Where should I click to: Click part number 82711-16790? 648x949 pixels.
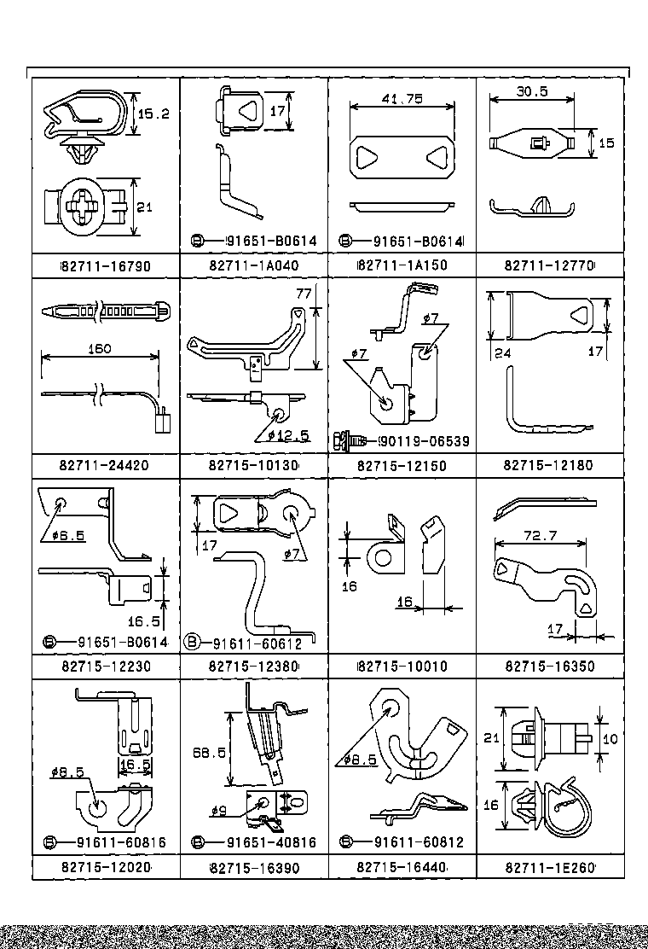tap(107, 265)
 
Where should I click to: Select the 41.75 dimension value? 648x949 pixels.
tap(402, 99)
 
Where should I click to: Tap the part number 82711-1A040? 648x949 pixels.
tap(254, 265)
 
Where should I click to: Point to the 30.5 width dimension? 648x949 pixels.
tap(532, 91)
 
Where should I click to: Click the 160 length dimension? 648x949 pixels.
tap(100, 348)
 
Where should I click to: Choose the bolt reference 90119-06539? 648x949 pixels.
tap(425, 441)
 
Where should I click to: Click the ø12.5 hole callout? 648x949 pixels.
tap(288, 435)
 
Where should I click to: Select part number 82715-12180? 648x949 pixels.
tap(548, 465)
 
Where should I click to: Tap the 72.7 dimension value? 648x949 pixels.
tap(541, 536)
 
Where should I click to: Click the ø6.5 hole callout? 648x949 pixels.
tap(68, 535)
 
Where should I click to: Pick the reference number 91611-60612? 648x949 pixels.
tap(257, 643)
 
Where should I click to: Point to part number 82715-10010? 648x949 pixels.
tap(403, 667)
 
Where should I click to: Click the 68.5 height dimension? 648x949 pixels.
tap(209, 753)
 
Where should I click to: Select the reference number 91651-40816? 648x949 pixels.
tap(271, 842)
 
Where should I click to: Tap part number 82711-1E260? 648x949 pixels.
tap(550, 868)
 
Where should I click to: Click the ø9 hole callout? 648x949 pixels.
tap(219, 811)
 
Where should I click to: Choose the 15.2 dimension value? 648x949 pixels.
tap(154, 114)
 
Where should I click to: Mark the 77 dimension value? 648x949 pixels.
tap(304, 294)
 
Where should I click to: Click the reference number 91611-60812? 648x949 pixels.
tap(419, 841)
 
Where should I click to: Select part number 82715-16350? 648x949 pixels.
tap(550, 667)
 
